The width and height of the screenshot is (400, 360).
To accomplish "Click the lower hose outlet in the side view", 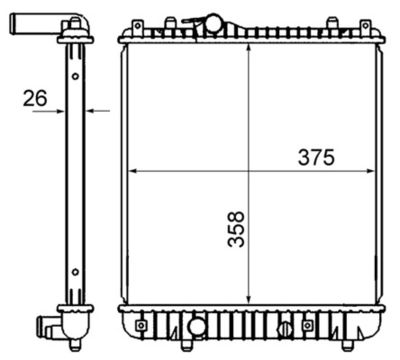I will pyautogui.click(x=49, y=326).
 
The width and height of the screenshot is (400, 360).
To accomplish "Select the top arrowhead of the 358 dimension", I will pyautogui.click(x=250, y=47).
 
